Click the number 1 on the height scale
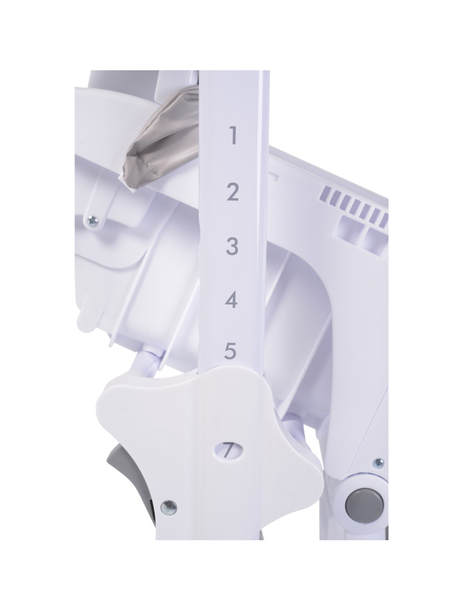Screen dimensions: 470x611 (233, 135)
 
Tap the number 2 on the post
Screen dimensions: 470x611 (232, 192)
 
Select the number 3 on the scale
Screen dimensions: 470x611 (232, 246)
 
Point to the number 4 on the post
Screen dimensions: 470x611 (232, 300)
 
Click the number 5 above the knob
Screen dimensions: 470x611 (230, 351)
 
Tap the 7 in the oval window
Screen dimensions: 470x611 (227, 451)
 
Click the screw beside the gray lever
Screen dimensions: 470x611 (169, 507)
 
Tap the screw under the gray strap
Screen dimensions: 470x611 (92, 221)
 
